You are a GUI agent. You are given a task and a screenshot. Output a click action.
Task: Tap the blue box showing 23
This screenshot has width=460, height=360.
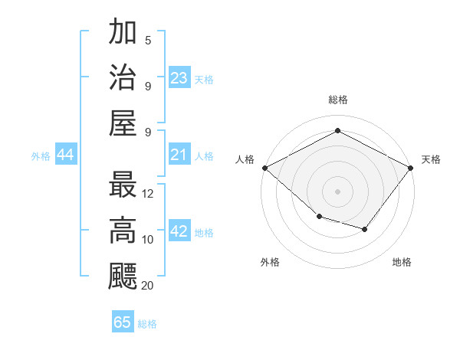179,77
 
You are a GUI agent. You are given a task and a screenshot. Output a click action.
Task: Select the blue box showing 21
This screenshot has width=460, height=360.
179,155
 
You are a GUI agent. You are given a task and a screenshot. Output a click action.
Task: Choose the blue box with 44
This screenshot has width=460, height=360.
65,155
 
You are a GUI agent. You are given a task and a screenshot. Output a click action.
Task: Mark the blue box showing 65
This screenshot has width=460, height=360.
123,322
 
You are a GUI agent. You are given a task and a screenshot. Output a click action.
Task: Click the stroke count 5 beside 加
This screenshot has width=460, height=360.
148,41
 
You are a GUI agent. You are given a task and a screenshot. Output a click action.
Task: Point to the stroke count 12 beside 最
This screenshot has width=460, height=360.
149,194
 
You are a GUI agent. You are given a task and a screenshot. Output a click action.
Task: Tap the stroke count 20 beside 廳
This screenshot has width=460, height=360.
148,285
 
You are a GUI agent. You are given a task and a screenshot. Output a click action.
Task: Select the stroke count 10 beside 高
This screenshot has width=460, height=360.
149,239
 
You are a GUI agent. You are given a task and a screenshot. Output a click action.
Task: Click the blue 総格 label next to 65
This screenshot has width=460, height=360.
147,323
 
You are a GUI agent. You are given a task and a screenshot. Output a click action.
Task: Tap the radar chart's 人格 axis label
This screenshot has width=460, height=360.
245,159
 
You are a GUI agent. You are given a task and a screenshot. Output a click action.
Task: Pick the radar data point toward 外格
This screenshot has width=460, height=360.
319,217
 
